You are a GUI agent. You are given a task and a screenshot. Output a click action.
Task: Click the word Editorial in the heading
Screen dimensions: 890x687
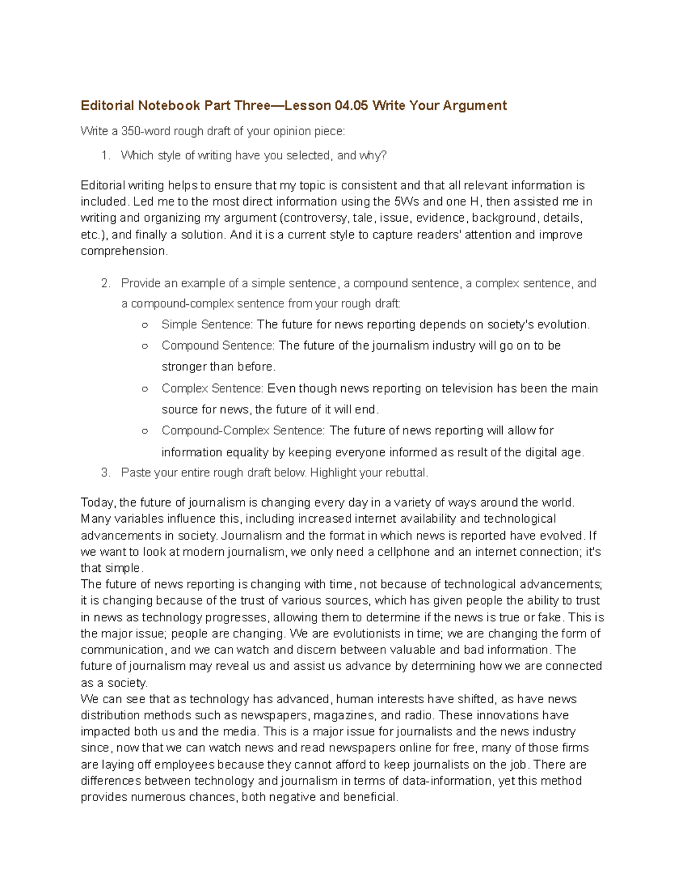pyautogui.click(x=107, y=105)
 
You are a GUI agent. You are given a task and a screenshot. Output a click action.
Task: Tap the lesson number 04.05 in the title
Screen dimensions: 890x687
pyautogui.click(x=352, y=105)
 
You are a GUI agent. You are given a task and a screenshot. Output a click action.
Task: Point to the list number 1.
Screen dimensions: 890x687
pyautogui.click(x=105, y=155)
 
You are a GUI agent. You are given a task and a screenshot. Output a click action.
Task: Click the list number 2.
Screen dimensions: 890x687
pyautogui.click(x=105, y=283)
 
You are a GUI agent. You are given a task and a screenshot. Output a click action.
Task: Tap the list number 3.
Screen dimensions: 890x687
pyautogui.click(x=105, y=473)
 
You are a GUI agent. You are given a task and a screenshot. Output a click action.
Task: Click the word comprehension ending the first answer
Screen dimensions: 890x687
pyautogui.click(x=124, y=251)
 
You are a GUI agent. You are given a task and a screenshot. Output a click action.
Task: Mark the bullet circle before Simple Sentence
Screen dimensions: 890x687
pyautogui.click(x=145, y=325)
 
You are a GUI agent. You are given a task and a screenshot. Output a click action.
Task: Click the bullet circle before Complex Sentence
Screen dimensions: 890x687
pyautogui.click(x=145, y=389)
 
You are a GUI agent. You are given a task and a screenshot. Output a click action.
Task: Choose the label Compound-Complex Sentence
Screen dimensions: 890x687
pyautogui.click(x=243, y=430)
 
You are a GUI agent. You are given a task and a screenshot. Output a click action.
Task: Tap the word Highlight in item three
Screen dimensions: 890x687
pyautogui.click(x=333, y=473)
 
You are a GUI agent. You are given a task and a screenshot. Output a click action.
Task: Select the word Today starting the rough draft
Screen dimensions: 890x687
pyautogui.click(x=98, y=503)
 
